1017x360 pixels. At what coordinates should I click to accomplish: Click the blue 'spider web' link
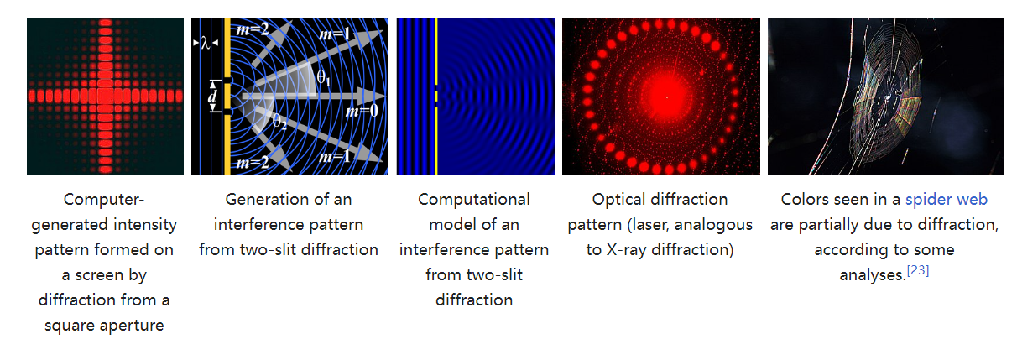click(947, 200)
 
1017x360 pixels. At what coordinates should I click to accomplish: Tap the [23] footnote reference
click(918, 270)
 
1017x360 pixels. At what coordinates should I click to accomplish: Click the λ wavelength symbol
click(206, 43)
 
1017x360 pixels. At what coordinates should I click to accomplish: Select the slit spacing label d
click(212, 97)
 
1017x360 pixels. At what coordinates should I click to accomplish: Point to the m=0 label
click(362, 111)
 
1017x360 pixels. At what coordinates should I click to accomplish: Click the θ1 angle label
click(324, 78)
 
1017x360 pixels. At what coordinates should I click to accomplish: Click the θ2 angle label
click(279, 121)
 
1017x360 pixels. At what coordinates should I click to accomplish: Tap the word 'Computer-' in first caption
click(104, 200)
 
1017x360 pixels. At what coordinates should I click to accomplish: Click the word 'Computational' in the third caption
click(474, 200)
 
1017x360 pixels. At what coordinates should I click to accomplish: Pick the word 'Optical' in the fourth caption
click(618, 200)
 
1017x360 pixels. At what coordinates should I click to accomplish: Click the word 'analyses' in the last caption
click(871, 275)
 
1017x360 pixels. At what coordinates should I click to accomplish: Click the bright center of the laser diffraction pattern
click(667, 97)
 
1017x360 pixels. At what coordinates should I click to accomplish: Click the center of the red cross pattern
click(106, 97)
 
